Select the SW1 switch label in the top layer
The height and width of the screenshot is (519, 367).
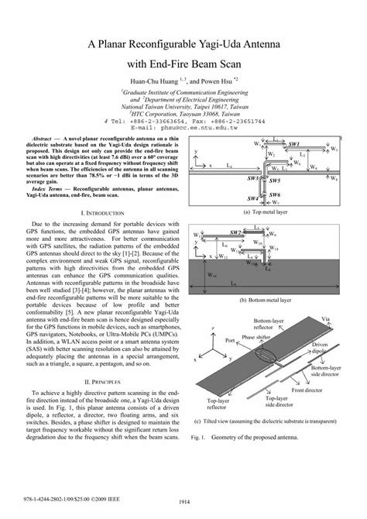[294, 144]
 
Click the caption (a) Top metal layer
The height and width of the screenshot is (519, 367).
[266, 211]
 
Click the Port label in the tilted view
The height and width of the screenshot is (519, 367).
[229, 339]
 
